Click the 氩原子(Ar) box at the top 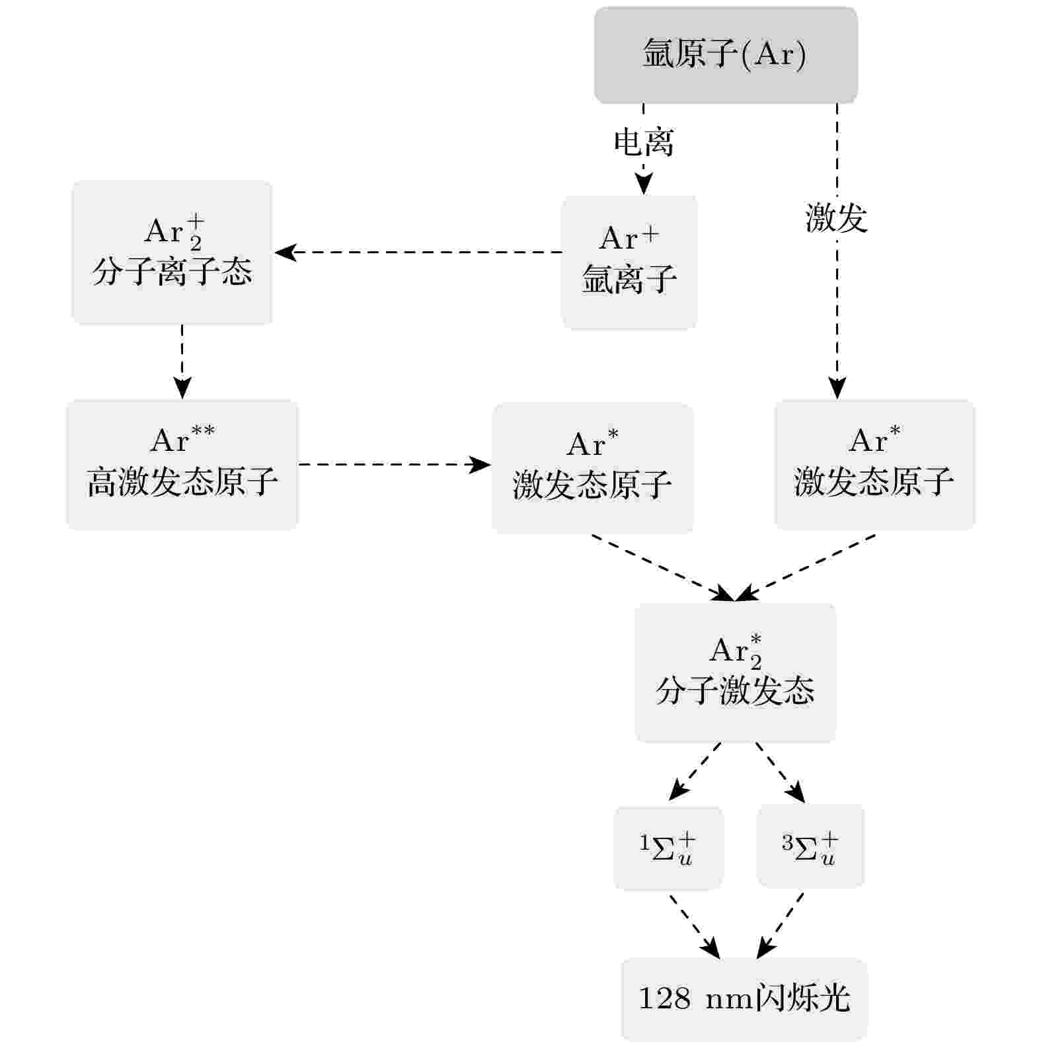(x=726, y=55)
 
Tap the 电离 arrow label (x=644, y=142)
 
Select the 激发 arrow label (x=837, y=218)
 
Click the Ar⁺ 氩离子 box (x=629, y=262)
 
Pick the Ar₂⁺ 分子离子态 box (x=172, y=253)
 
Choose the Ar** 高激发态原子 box (x=182, y=464)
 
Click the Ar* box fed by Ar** (x=592, y=468)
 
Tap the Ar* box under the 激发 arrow (x=874, y=464)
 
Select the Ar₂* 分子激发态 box (x=735, y=672)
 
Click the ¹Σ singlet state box (x=668, y=848)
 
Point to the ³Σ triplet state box (x=810, y=846)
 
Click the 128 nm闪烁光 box (x=744, y=999)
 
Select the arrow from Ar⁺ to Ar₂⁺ (x=418, y=252)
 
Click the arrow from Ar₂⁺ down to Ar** (x=182, y=362)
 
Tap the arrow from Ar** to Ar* (x=395, y=464)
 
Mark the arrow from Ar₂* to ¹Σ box (x=695, y=772)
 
